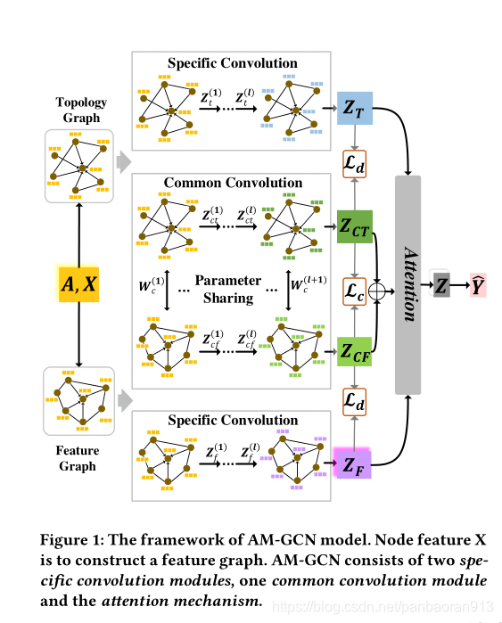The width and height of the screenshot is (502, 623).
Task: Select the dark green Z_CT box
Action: (x=353, y=227)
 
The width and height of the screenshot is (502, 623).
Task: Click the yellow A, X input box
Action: (x=79, y=285)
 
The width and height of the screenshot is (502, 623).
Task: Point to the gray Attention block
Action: (x=407, y=285)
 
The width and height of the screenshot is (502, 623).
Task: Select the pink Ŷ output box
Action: (x=479, y=285)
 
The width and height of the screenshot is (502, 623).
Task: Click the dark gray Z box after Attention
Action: (x=442, y=285)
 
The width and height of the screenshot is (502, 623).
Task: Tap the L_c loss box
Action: (x=354, y=291)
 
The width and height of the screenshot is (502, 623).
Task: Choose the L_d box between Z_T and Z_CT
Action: (x=354, y=166)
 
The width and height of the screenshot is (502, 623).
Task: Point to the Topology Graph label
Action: (x=80, y=109)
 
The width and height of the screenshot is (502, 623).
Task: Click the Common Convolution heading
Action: (x=233, y=183)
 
